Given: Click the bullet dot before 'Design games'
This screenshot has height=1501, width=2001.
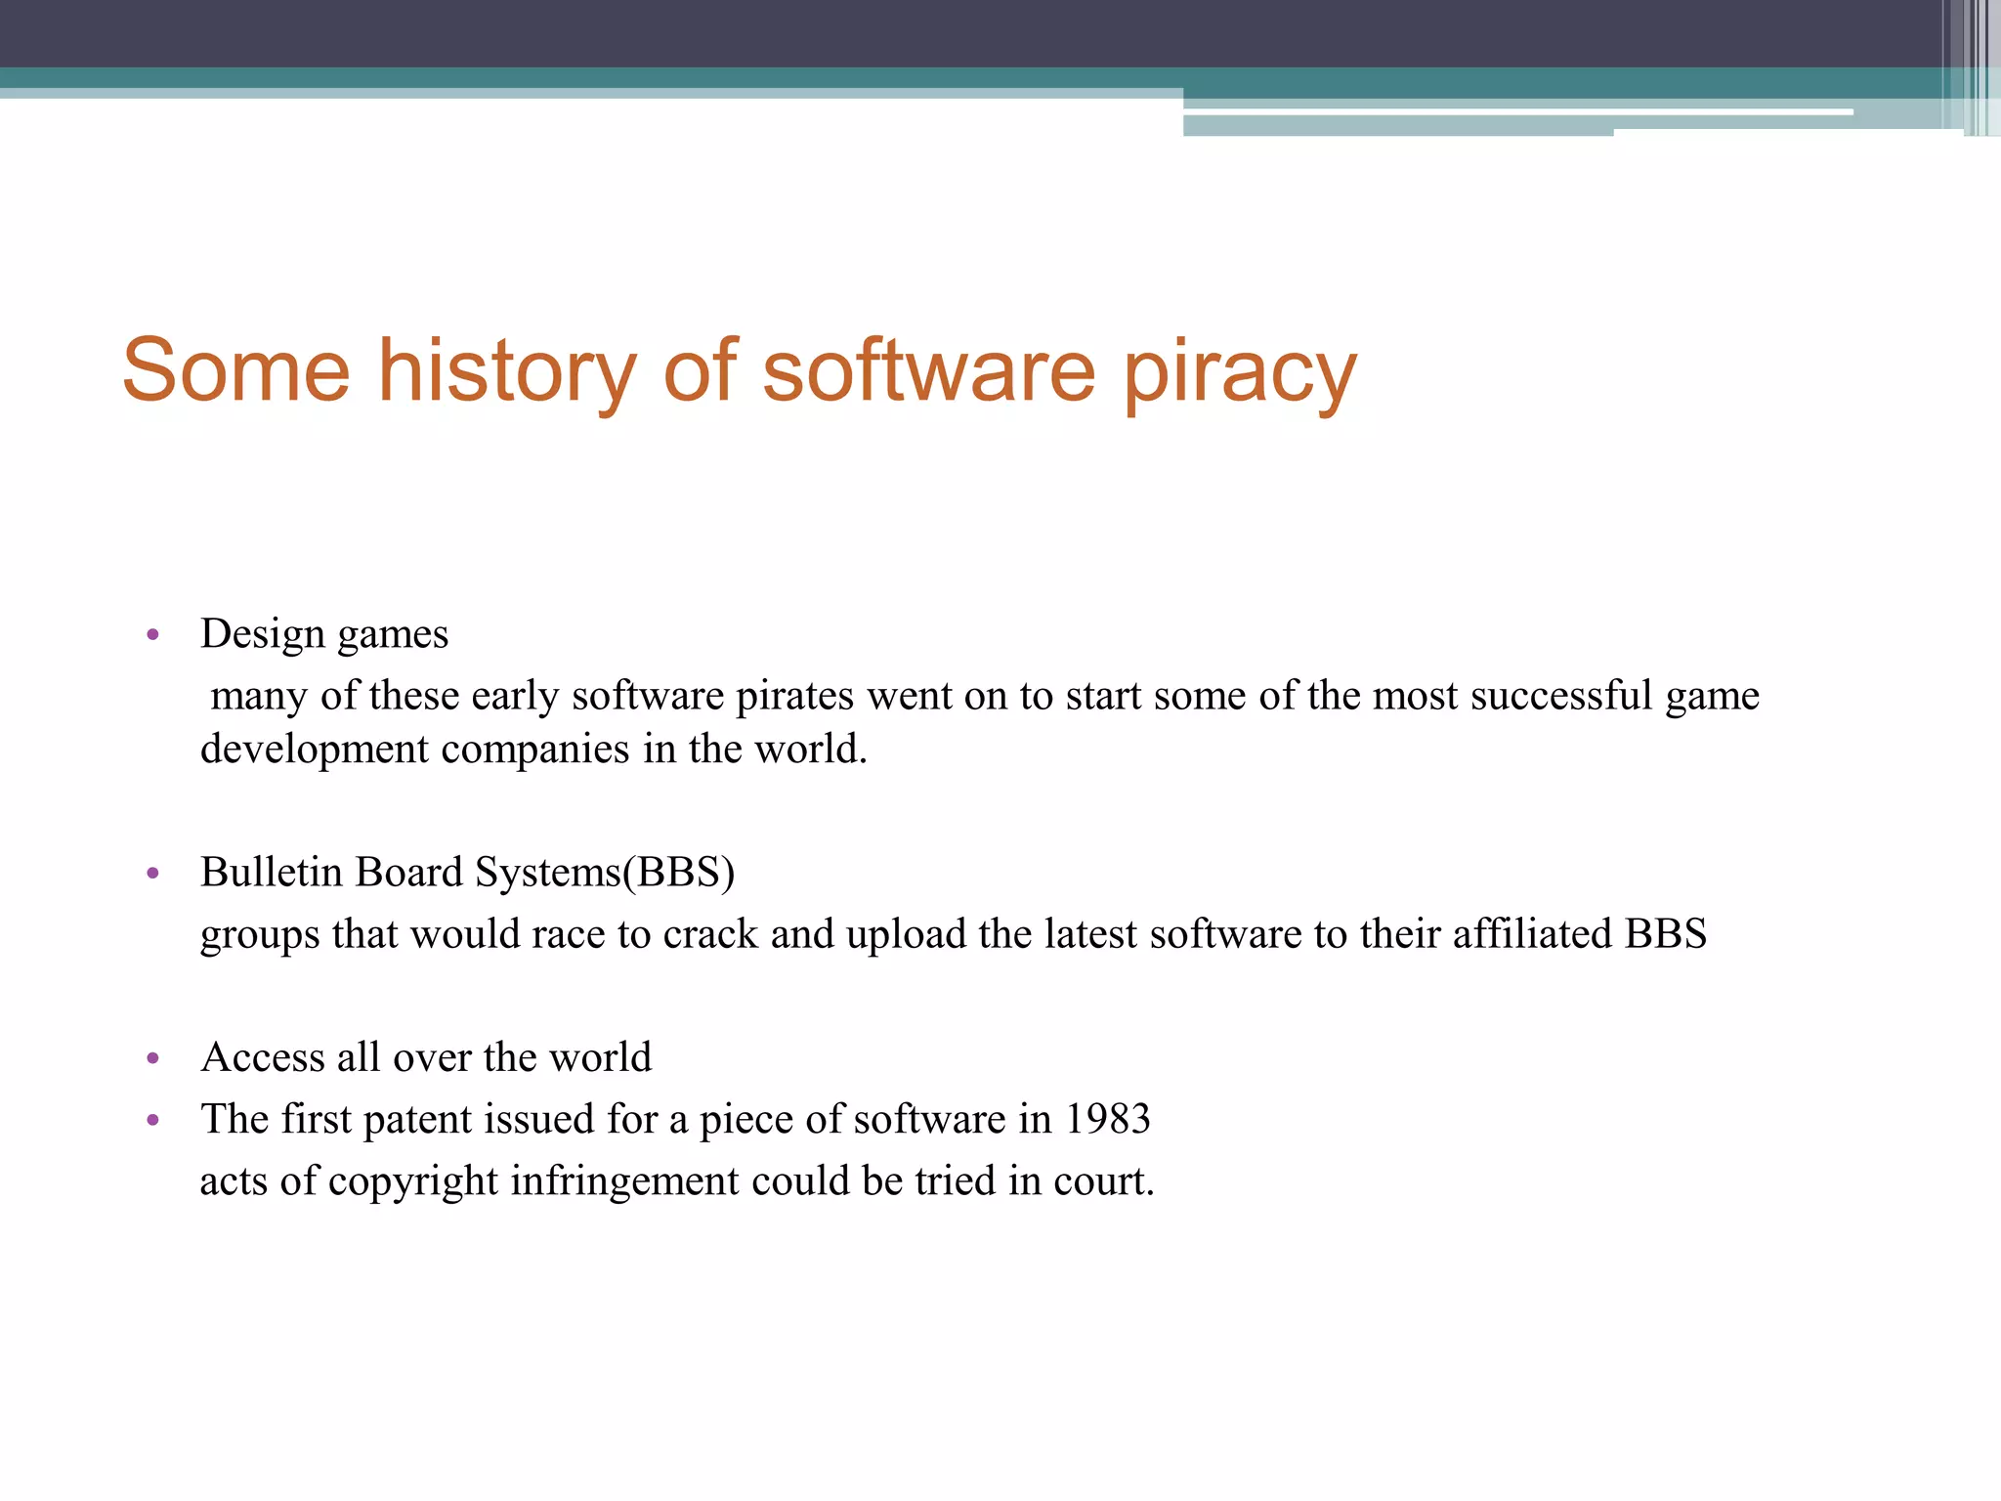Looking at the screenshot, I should (152, 635).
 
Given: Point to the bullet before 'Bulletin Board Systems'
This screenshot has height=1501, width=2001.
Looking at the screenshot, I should (152, 873).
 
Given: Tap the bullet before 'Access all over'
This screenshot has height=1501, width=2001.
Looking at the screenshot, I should (152, 1058).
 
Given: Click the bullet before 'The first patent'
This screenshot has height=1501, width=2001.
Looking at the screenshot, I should (152, 1120).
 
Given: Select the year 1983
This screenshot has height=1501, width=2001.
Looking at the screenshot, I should (1108, 1119).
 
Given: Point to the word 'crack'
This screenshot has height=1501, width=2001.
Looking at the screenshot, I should (710, 934).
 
